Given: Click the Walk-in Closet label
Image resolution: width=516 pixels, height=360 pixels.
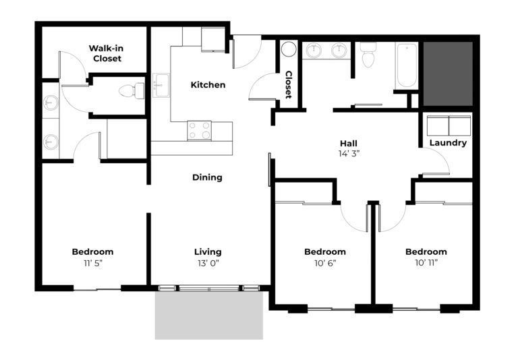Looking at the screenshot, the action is (x=106, y=53).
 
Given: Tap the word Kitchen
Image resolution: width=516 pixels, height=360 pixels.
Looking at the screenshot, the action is (x=208, y=85).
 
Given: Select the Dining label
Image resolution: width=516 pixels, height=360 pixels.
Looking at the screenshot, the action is (x=207, y=177).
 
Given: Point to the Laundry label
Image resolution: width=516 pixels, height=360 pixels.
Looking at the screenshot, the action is (x=448, y=143).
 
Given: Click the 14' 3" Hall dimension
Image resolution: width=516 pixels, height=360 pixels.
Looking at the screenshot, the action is (x=349, y=154).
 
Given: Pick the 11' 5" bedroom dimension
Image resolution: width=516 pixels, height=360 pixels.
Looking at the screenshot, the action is (x=92, y=263).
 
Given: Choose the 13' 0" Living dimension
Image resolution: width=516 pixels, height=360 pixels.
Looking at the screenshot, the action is (x=208, y=263).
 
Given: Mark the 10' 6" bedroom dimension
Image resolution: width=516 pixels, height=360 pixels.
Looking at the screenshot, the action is (x=325, y=263).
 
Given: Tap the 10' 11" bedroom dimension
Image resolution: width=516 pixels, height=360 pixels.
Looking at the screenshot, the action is (x=426, y=263).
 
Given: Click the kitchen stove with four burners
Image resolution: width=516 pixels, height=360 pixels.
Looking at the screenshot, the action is (x=199, y=130).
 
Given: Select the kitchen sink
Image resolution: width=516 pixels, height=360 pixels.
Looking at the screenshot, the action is (x=161, y=85).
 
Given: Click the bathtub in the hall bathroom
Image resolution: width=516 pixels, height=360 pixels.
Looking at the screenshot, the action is (x=407, y=65).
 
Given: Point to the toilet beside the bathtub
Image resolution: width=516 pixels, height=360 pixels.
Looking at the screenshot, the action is (x=368, y=55).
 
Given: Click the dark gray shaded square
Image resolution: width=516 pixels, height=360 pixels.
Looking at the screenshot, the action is (x=448, y=73).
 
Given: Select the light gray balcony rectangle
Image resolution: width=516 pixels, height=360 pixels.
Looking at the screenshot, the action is (x=209, y=315).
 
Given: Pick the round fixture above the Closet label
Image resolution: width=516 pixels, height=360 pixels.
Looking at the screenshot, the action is (x=289, y=49).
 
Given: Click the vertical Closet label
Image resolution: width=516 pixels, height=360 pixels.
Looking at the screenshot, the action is (x=288, y=84).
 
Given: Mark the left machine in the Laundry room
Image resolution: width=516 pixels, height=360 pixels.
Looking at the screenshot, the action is (x=438, y=125).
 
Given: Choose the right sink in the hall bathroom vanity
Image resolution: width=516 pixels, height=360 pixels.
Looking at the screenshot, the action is (x=339, y=51).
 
